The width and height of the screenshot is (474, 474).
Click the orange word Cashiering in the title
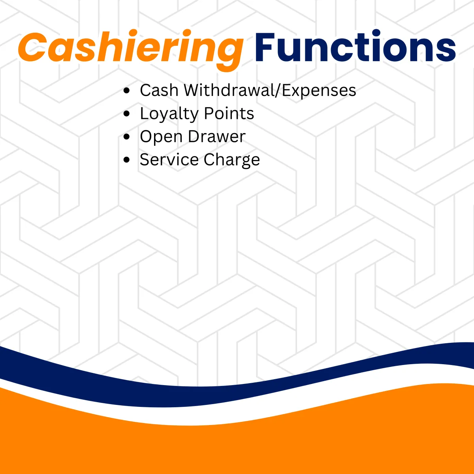point(131,50)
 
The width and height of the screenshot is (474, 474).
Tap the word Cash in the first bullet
point(159,90)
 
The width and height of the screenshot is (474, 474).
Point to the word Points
point(229,113)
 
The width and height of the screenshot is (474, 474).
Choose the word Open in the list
point(161,137)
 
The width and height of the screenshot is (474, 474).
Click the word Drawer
point(217,136)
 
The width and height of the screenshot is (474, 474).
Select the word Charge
point(232,160)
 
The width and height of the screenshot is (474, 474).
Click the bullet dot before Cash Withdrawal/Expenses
point(126,90)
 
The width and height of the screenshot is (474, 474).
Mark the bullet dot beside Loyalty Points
point(126,113)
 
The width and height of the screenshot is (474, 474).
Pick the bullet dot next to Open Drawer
point(126,137)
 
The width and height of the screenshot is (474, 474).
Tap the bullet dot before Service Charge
point(126,160)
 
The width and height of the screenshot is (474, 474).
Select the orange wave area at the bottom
point(236,443)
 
